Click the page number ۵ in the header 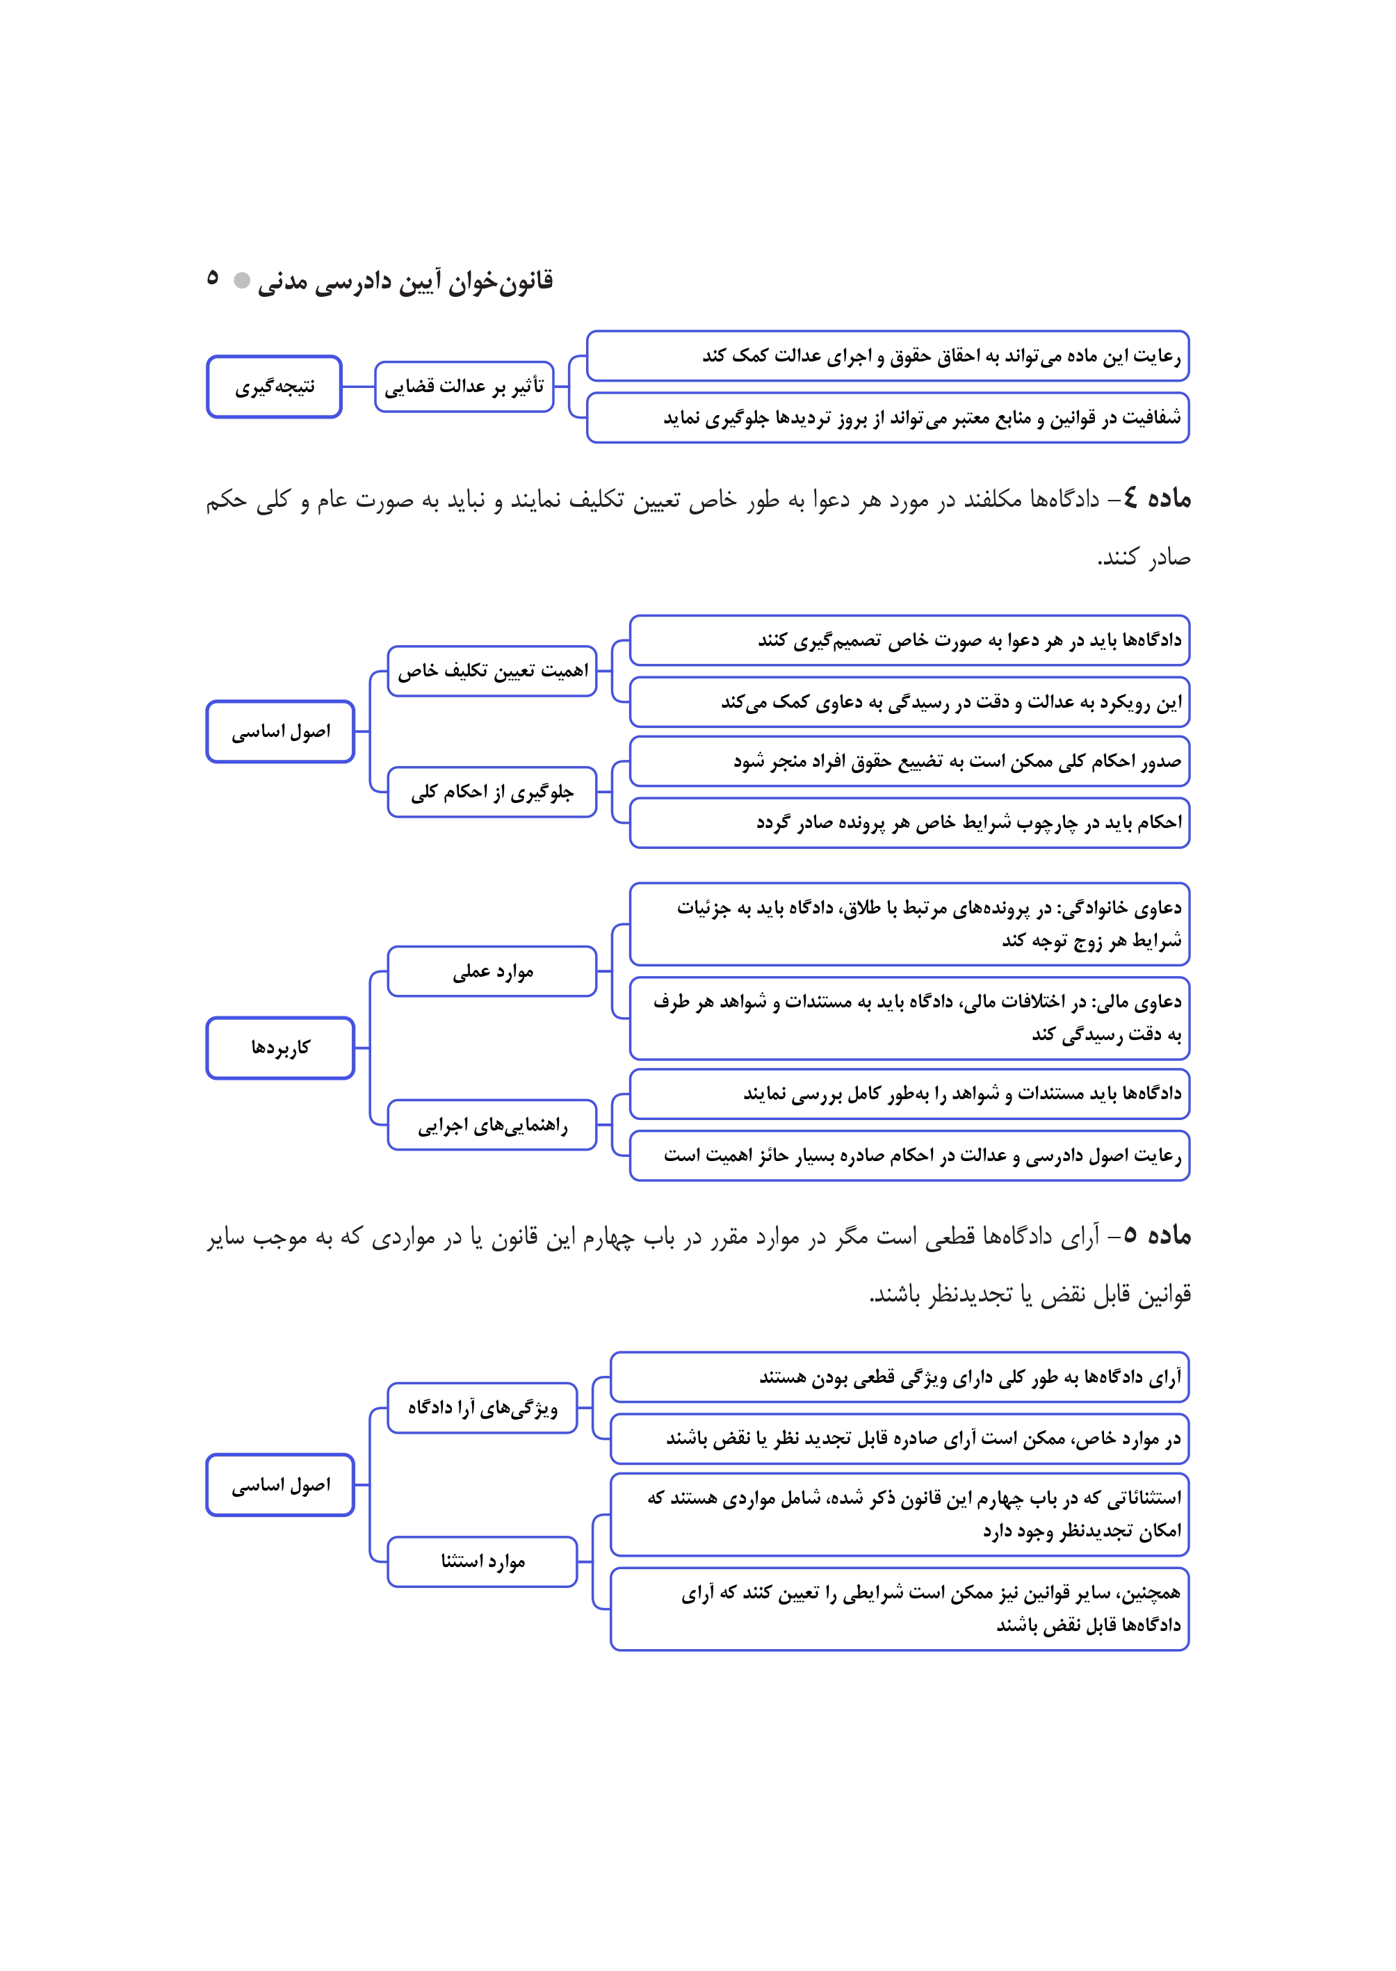212,277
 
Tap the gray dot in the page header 243,280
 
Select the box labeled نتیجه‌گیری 274,387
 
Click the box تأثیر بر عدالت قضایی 464,387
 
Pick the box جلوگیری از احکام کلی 492,792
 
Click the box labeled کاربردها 280,1048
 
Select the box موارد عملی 492,971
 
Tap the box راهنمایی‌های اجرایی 492,1124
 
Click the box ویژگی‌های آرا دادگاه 482,1408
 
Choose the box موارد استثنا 482,1561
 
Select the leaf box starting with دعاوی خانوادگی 909,924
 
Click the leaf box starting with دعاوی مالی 909,1018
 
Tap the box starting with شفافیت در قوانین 888,418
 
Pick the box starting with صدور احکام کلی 909,761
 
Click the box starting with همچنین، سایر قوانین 899,1608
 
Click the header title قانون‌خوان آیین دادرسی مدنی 405,281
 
